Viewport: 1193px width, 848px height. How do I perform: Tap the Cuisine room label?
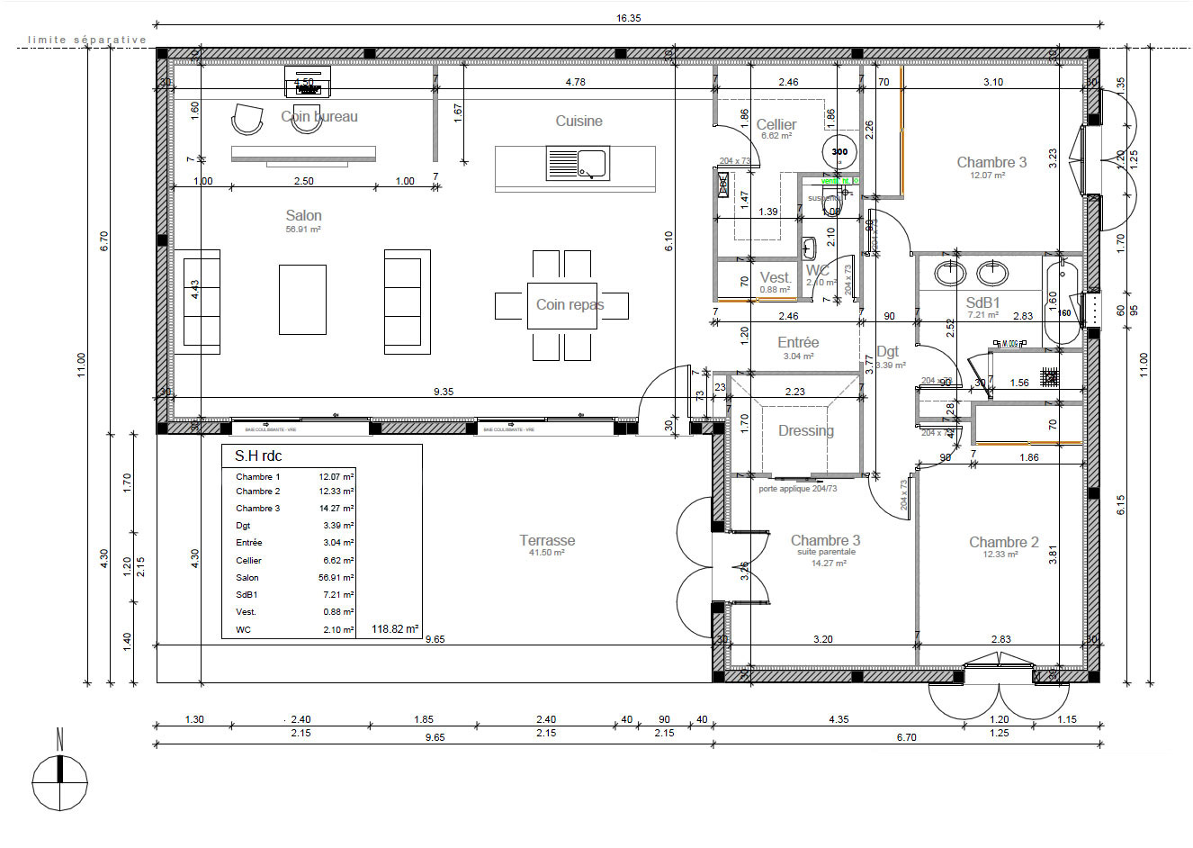click(x=579, y=122)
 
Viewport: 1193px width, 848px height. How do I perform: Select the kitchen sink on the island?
click(x=577, y=164)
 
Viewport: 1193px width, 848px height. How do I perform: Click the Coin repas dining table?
click(x=561, y=305)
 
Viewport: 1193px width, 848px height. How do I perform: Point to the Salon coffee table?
click(x=302, y=299)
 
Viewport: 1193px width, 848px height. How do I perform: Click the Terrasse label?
click(x=547, y=541)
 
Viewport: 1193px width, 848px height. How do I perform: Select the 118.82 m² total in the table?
click(x=395, y=630)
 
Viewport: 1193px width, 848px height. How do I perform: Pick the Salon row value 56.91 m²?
click(x=336, y=578)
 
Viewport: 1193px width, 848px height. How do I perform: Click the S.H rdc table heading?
click(x=258, y=456)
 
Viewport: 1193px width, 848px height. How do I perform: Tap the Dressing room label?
click(x=805, y=431)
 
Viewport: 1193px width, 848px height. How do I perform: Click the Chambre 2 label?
click(x=1003, y=542)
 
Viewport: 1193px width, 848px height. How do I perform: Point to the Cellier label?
click(x=776, y=125)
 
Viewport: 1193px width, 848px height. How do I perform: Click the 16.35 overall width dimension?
click(x=628, y=18)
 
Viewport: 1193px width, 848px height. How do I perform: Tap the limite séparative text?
click(x=86, y=40)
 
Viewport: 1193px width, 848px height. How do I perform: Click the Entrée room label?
click(x=798, y=343)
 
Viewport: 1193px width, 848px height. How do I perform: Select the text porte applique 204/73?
click(x=797, y=490)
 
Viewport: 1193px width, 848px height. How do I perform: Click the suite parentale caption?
click(x=826, y=552)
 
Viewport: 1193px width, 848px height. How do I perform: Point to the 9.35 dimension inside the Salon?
click(x=444, y=392)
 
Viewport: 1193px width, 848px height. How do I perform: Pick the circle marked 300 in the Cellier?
click(x=839, y=151)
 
